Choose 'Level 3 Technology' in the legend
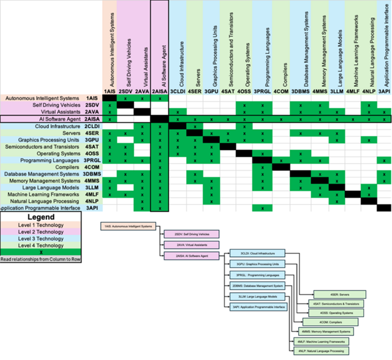click(51, 242)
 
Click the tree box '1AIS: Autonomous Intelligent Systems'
click(128, 226)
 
